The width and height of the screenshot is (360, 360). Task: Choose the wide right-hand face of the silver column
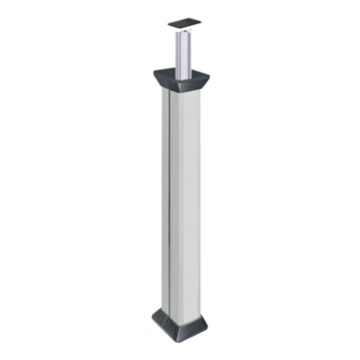[185, 198]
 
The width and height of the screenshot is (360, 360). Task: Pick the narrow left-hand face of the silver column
[163, 198]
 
